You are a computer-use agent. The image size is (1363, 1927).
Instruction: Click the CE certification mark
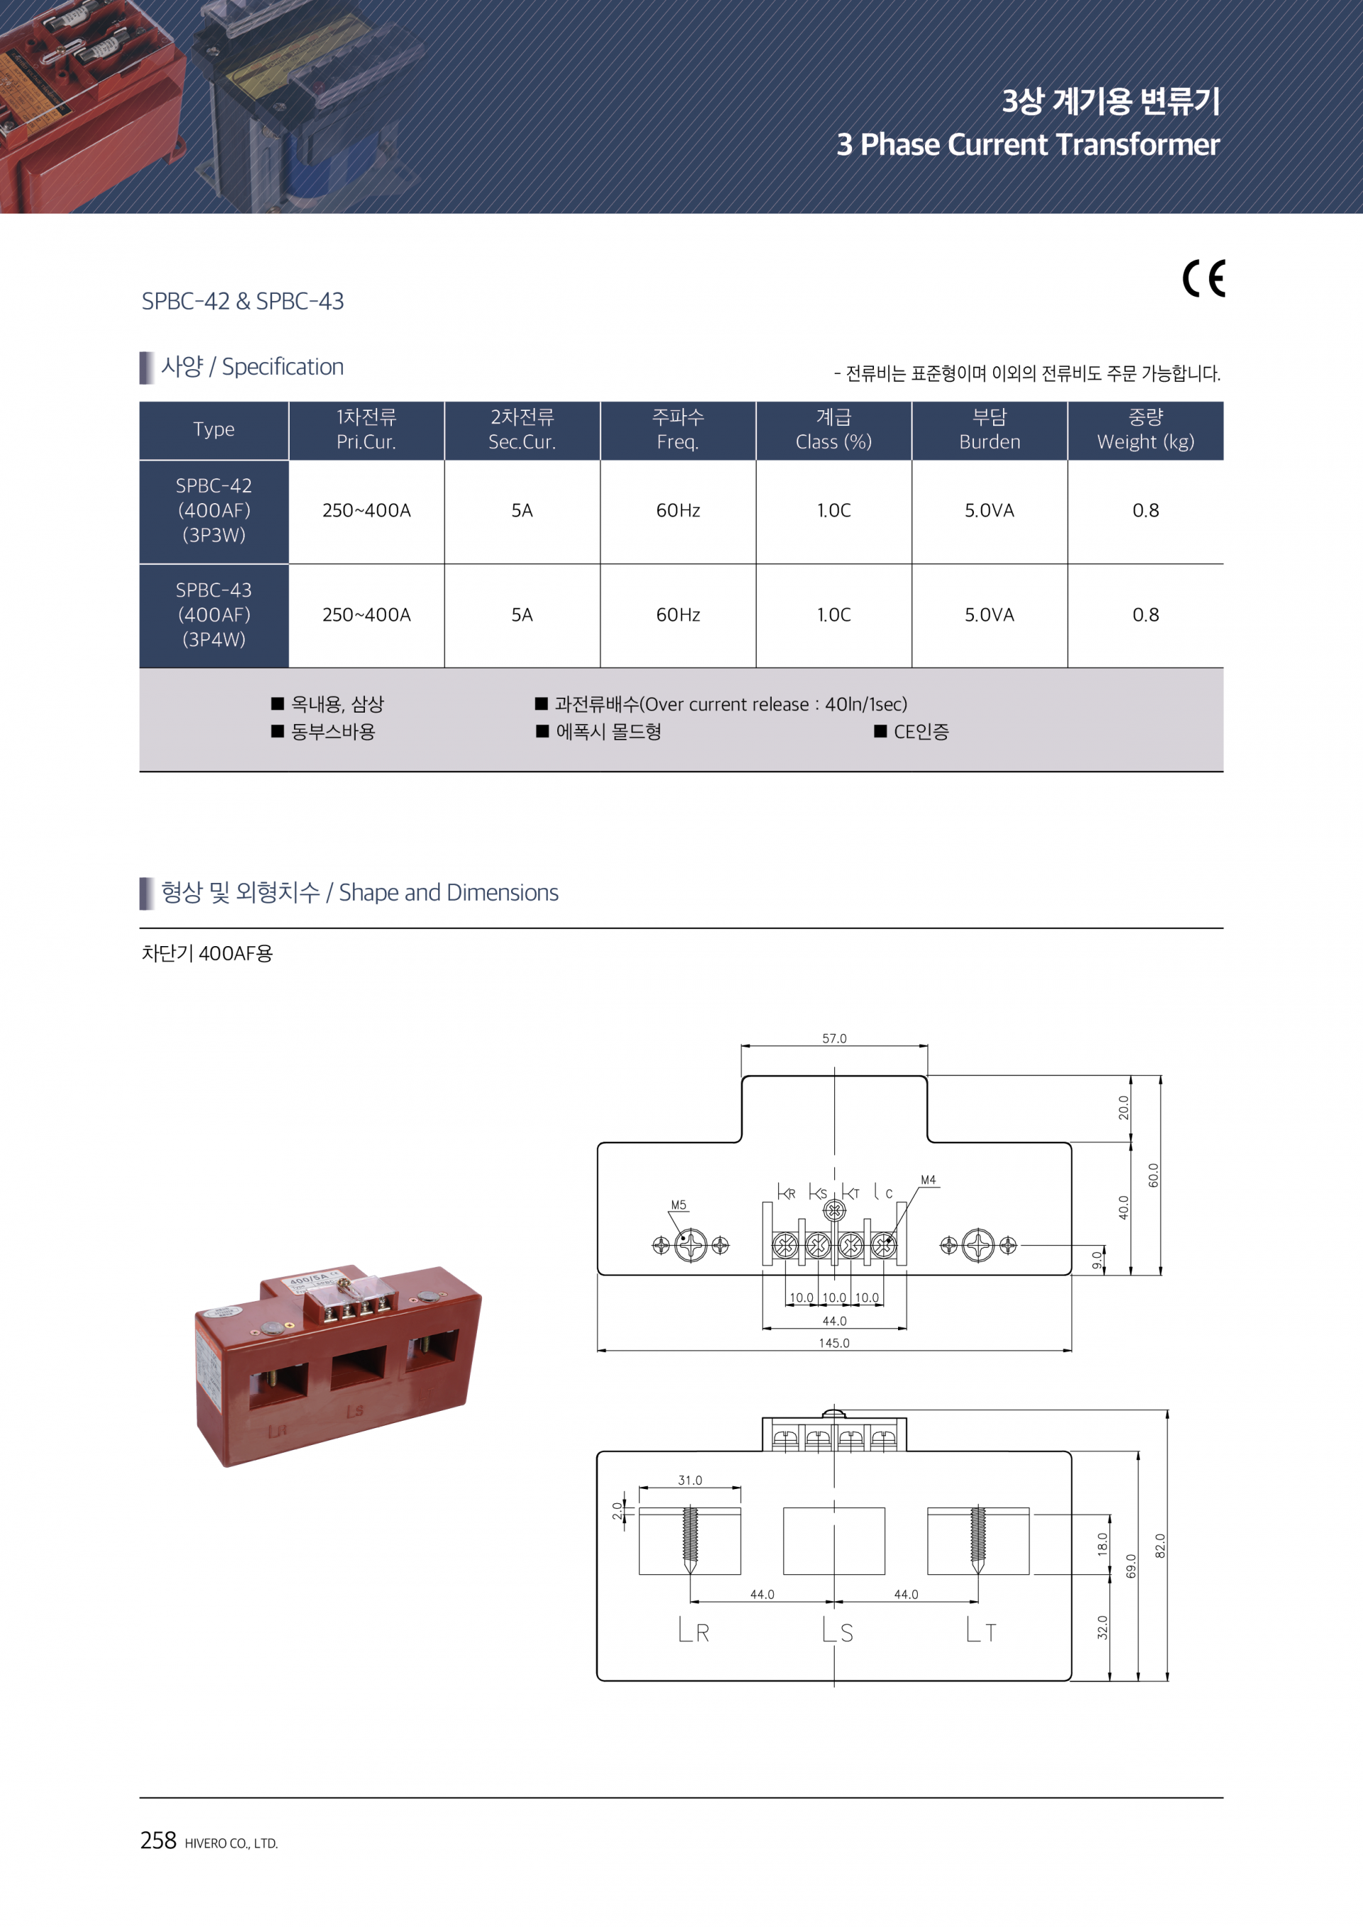pyautogui.click(x=1203, y=279)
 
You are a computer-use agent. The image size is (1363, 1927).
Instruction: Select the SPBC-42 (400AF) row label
pyautogui.click(x=214, y=510)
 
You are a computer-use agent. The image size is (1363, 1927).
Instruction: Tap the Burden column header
pyautogui.click(x=990, y=429)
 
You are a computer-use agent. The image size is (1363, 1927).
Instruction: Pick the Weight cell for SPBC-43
pyautogui.click(x=1145, y=615)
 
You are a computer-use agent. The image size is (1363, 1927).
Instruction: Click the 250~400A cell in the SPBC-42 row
pyautogui.click(x=367, y=510)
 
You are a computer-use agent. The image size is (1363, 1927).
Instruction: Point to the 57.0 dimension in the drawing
pyautogui.click(x=834, y=1038)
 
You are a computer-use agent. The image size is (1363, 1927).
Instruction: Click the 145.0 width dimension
pyautogui.click(x=834, y=1343)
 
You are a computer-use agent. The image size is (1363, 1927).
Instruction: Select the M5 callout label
pyautogui.click(x=678, y=1205)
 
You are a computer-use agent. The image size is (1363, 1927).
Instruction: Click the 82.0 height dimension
pyautogui.click(x=1160, y=1545)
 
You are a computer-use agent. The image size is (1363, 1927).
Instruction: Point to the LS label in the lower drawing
pyautogui.click(x=838, y=1632)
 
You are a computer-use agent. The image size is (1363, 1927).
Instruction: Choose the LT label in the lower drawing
pyautogui.click(x=981, y=1632)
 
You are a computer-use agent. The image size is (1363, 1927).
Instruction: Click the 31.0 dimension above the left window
pyautogui.click(x=690, y=1481)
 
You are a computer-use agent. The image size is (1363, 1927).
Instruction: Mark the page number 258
pyautogui.click(x=158, y=1840)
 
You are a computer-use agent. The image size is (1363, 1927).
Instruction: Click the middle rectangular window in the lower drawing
pyautogui.click(x=833, y=1541)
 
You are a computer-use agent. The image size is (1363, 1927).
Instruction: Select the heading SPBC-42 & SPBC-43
pyautogui.click(x=243, y=302)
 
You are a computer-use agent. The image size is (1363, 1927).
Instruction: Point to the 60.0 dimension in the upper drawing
pyautogui.click(x=1153, y=1175)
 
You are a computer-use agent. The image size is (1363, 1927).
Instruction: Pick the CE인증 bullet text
pyautogui.click(x=921, y=732)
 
